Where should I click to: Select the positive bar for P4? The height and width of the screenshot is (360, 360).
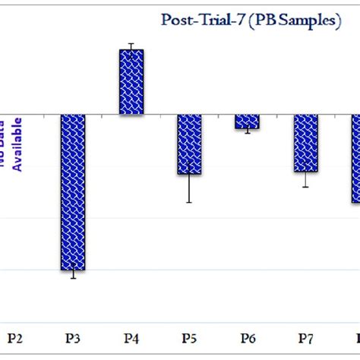[131, 82]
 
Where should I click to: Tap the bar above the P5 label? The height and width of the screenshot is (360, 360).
[189, 144]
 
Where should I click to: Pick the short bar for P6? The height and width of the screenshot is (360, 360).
[247, 122]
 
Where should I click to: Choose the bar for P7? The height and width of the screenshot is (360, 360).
[305, 143]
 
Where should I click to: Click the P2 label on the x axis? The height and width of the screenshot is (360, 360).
[14, 337]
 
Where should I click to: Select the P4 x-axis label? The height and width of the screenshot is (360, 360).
[131, 337]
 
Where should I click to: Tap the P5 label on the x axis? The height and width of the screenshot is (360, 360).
[189, 337]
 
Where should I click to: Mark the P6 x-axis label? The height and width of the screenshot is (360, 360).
[248, 337]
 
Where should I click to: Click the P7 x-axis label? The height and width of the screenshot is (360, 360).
[305, 337]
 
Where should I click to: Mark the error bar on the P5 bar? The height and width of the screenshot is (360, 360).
[189, 182]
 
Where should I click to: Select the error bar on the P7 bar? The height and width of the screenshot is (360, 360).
[305, 178]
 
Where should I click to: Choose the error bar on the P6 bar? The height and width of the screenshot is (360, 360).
[247, 131]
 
